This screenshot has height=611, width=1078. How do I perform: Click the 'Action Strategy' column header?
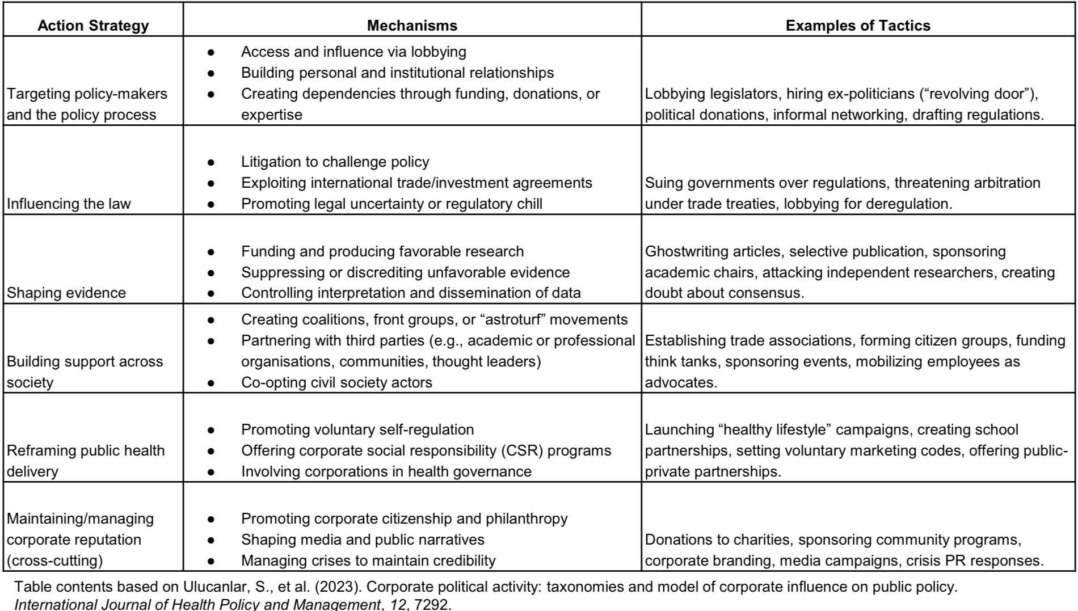click(93, 26)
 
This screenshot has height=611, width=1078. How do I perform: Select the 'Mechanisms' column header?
click(412, 26)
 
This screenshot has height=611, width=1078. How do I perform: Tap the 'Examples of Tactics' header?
click(858, 26)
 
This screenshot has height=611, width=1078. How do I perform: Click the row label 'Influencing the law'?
click(69, 204)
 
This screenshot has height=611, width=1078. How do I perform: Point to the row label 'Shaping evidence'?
click(66, 293)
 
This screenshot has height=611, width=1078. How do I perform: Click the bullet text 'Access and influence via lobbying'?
click(353, 52)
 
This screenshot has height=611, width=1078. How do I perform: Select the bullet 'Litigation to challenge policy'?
click(335, 162)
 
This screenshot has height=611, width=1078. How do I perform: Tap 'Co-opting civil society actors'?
click(336, 382)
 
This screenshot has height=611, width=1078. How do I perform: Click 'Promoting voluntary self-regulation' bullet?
click(357, 429)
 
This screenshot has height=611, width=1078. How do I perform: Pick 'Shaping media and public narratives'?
click(363, 540)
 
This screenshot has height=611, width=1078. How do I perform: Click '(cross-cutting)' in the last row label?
click(54, 561)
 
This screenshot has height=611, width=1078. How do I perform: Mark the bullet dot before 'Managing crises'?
click(211, 561)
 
